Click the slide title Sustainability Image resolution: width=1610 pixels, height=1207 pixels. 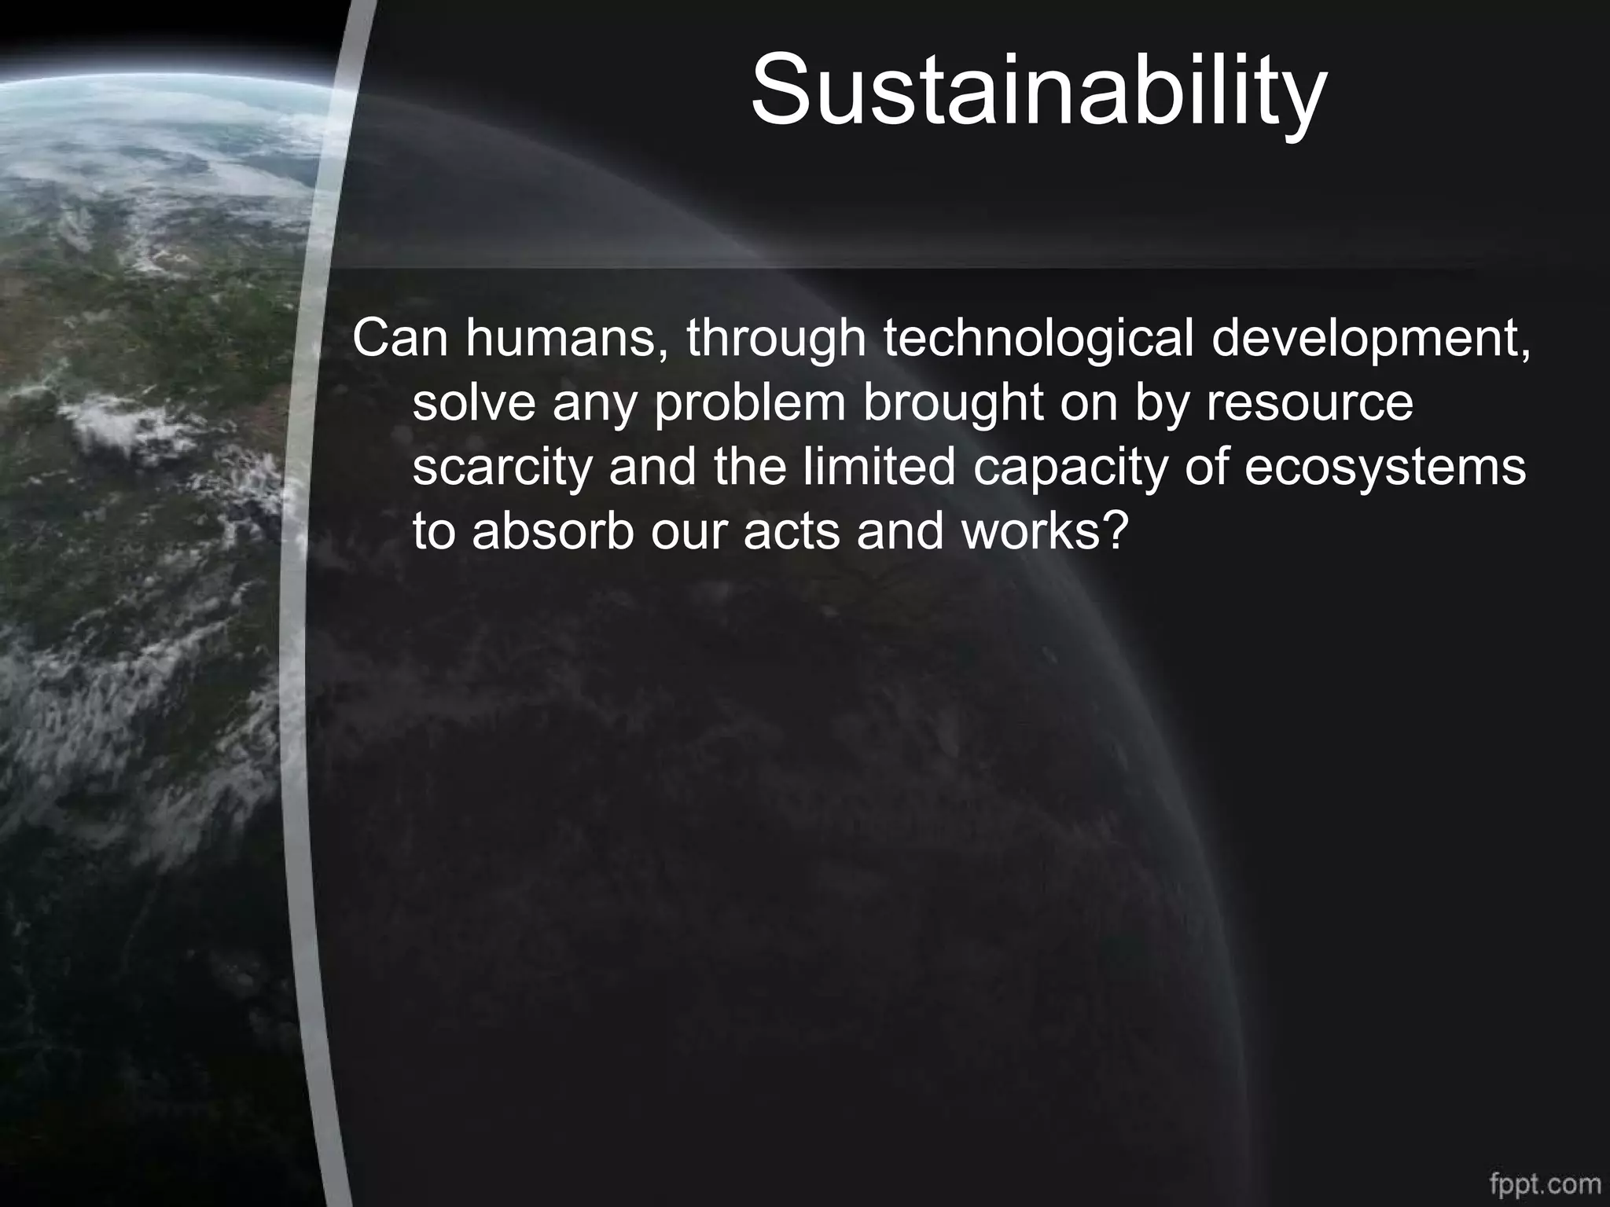coord(1038,90)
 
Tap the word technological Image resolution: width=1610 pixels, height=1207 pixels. coord(1038,339)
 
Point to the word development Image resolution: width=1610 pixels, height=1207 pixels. coord(1370,339)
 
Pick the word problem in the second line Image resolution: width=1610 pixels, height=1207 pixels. coord(749,404)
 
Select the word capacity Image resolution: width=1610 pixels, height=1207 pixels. coord(1071,468)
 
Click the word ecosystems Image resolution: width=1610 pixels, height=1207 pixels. coord(1385,468)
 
